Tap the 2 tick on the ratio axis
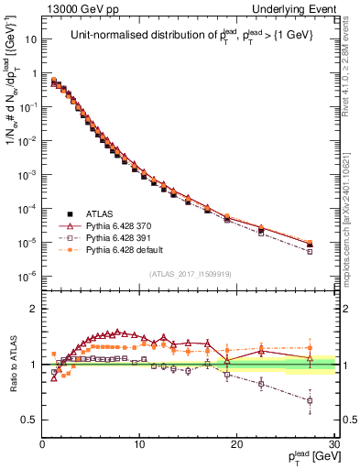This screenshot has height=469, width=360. pyautogui.click(x=34, y=309)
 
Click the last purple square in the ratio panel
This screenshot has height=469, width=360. pyautogui.click(x=310, y=400)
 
